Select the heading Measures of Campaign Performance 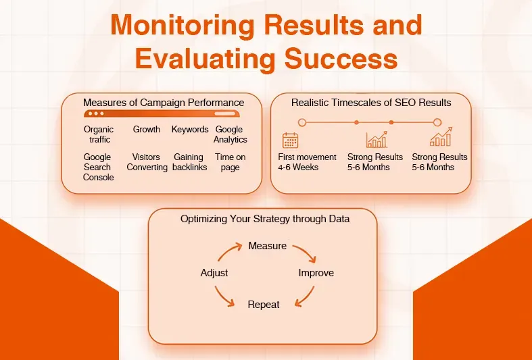click(164, 103)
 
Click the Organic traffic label click(99, 134)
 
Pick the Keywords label click(190, 130)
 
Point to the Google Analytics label click(230, 134)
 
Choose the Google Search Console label click(99, 167)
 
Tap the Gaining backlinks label click(189, 162)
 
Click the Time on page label click(230, 162)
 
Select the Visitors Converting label click(147, 162)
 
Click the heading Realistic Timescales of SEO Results click(371, 103)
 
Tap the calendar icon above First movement click(290, 140)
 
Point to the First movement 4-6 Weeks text click(307, 162)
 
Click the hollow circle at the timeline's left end click(302, 122)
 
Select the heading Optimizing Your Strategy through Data click(265, 219)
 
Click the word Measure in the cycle click(268, 246)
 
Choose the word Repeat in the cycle click(264, 305)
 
